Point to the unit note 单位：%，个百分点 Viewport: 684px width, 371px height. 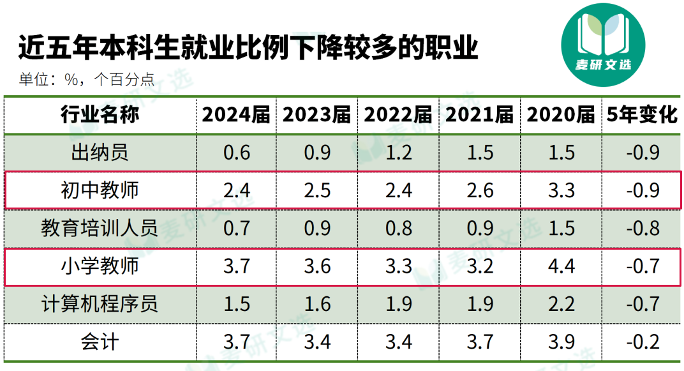(x=86, y=79)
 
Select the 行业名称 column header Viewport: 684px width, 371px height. (x=100, y=115)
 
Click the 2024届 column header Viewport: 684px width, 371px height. (x=236, y=115)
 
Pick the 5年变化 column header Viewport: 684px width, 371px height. (x=642, y=115)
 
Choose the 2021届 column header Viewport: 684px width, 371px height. (x=480, y=115)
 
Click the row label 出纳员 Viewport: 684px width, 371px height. (x=100, y=153)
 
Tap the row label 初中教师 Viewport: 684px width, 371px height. (x=100, y=190)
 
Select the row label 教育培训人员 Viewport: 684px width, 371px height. (x=100, y=228)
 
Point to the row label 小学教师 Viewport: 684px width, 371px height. (x=100, y=266)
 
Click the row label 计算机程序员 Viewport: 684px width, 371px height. (x=100, y=303)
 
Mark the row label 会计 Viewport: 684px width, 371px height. (x=100, y=341)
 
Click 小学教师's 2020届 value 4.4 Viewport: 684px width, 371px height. (x=561, y=266)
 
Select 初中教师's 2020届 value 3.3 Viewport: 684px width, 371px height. (x=561, y=190)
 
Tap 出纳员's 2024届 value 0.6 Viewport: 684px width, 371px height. (x=236, y=153)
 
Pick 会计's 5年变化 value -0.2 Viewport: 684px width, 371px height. (x=642, y=341)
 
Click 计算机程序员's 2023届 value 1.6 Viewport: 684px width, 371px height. (x=317, y=303)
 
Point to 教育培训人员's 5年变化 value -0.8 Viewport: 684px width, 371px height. (x=642, y=228)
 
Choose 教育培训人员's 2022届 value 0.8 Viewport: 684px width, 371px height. (x=399, y=228)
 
